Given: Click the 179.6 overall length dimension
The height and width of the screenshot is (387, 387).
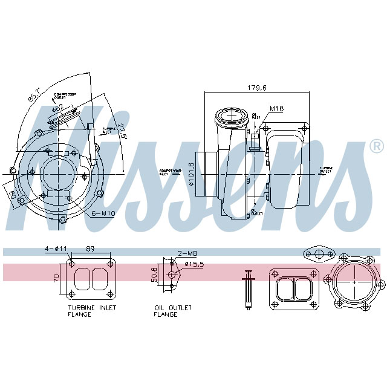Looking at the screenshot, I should pos(256,88).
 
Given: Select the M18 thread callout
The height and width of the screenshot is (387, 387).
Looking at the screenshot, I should pos(276,109).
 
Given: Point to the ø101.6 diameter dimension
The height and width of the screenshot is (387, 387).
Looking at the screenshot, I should pos(192,174).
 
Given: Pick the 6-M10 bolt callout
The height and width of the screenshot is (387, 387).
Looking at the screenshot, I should pos(103,213).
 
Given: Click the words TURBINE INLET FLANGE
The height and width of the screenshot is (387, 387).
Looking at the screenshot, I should pos(92,311).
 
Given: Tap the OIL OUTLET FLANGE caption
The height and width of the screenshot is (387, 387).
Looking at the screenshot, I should pos(172,311).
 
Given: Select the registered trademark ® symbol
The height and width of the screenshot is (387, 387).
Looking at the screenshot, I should pos(376,146).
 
